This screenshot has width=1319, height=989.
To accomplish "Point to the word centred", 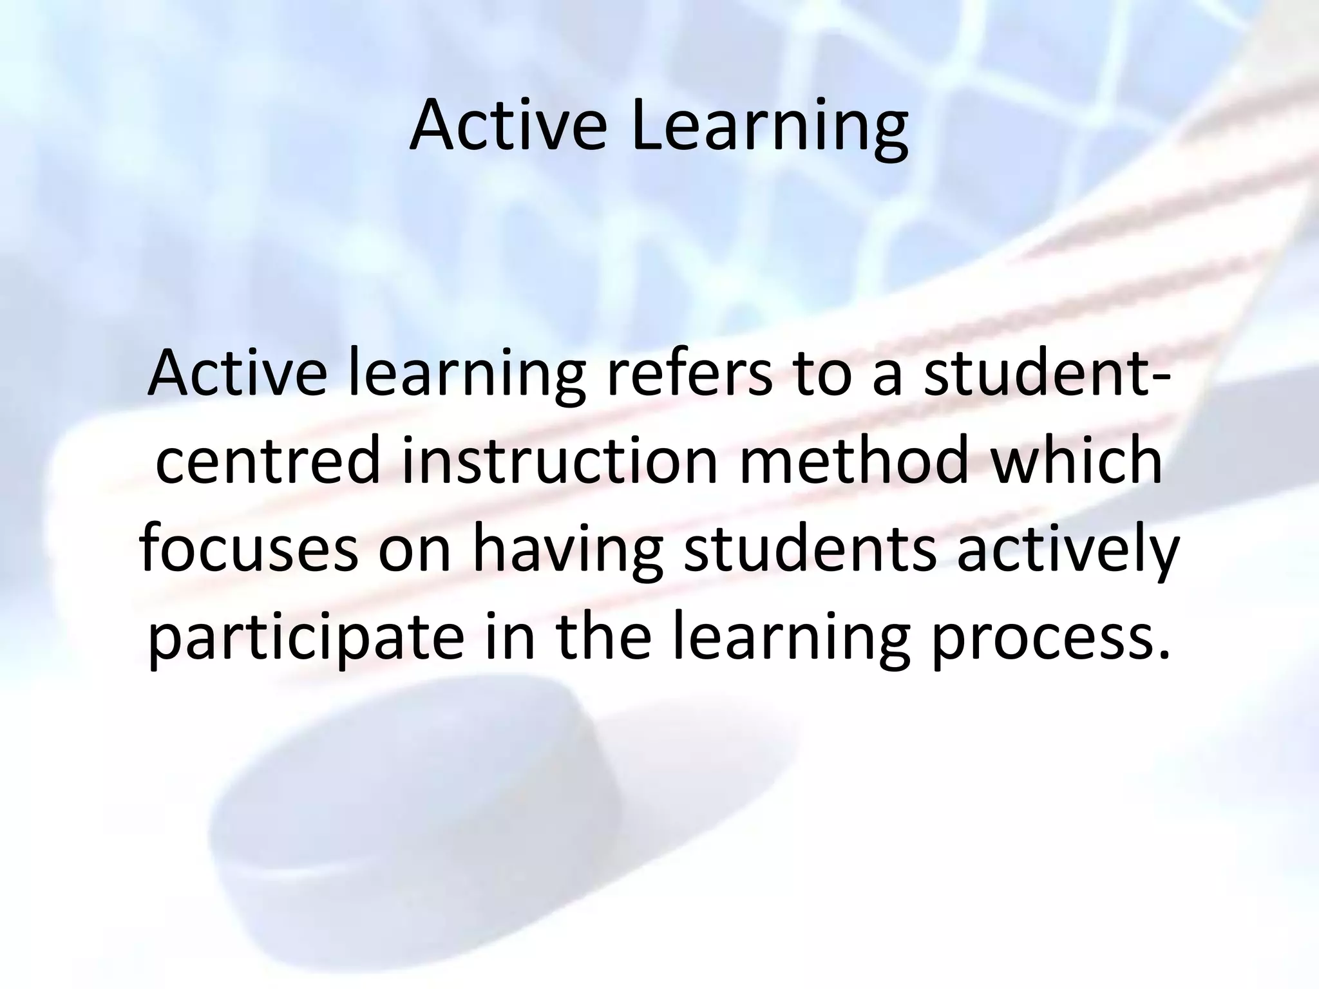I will coord(268,461).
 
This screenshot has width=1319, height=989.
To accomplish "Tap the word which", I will coord(1076,461).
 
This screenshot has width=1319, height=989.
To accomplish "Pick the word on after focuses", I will coord(415,552).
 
